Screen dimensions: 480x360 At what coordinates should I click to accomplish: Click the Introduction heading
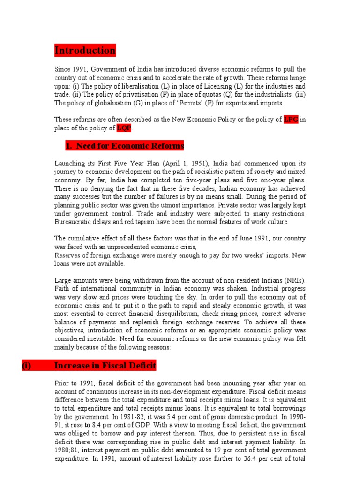pos(85,50)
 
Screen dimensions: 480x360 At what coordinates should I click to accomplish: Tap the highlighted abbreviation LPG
pos(291,119)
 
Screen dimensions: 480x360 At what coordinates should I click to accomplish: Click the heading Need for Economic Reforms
pos(125,146)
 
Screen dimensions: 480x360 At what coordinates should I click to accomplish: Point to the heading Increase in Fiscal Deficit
pos(105,365)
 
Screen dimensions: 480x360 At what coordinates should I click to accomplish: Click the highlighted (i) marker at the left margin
pos(27,365)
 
